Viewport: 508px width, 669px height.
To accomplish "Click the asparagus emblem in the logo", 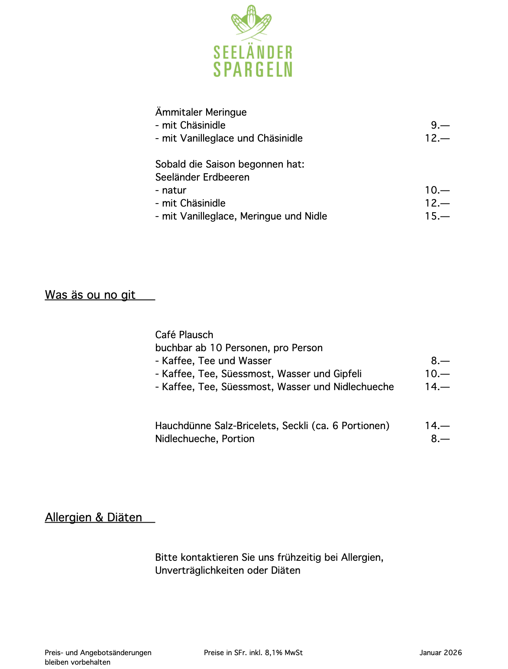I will click(x=252, y=23).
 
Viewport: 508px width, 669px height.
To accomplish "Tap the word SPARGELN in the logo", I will click(x=253, y=69).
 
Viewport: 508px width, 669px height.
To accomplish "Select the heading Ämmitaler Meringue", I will click(x=201, y=112).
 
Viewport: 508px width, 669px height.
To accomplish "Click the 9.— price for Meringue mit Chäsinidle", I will click(x=440, y=125).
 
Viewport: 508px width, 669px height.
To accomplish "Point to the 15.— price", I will click(x=437, y=216).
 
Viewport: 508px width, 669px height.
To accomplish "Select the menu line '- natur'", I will click(x=171, y=190).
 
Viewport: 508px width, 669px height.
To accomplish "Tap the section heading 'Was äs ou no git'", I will click(x=90, y=295).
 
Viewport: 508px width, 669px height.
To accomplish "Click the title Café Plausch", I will click(x=184, y=335).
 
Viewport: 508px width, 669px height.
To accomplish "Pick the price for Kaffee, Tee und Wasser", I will click(x=440, y=361).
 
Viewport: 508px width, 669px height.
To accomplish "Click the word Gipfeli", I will click(x=347, y=374).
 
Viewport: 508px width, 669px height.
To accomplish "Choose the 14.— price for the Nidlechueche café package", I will click(x=437, y=387).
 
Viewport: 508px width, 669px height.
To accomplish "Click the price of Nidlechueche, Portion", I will click(x=440, y=439).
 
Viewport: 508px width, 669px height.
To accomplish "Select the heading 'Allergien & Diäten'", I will click(x=94, y=517).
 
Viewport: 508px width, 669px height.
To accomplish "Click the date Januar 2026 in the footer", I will click(x=440, y=653).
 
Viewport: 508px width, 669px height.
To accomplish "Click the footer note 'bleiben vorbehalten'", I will click(x=78, y=662).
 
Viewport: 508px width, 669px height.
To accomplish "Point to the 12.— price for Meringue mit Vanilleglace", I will click(x=437, y=138).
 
